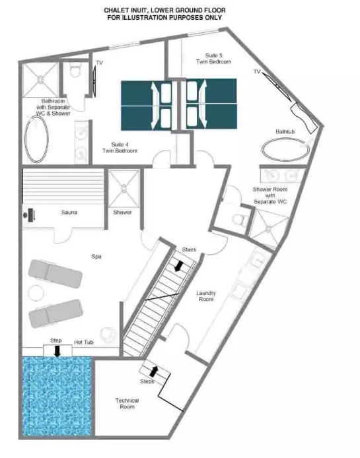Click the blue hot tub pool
(x=57, y=396)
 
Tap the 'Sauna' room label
(x=69, y=213)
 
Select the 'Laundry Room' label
(x=206, y=296)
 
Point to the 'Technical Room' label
(x=127, y=403)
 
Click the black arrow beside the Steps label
(x=154, y=371)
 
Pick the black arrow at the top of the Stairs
(x=178, y=266)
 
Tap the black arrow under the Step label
(x=57, y=351)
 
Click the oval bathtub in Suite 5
(x=285, y=149)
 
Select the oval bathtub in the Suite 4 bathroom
(x=36, y=139)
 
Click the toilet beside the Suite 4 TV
(x=75, y=71)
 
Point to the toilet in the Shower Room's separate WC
(x=240, y=219)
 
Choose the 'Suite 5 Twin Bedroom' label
(x=214, y=59)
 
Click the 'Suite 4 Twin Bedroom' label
(x=120, y=148)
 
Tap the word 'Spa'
(x=96, y=257)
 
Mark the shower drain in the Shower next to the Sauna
(x=124, y=188)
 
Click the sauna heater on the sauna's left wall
(x=30, y=214)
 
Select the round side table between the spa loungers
(x=36, y=292)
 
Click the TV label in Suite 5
(x=257, y=71)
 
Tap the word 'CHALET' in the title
(x=115, y=11)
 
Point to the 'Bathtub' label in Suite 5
(x=285, y=132)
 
